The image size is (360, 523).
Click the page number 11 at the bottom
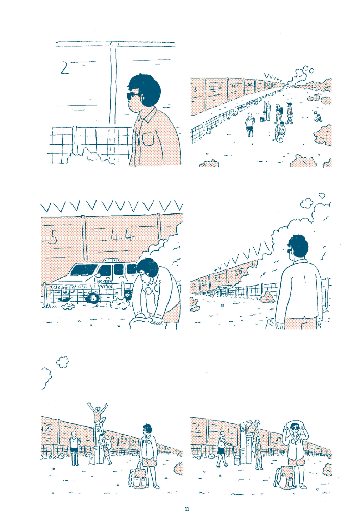click(187, 509)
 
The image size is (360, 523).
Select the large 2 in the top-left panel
click(64, 68)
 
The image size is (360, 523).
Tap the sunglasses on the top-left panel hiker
click(132, 96)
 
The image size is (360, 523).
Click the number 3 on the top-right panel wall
click(196, 90)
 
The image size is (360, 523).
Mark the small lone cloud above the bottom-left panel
click(63, 362)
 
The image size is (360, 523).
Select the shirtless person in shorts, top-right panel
click(250, 125)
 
